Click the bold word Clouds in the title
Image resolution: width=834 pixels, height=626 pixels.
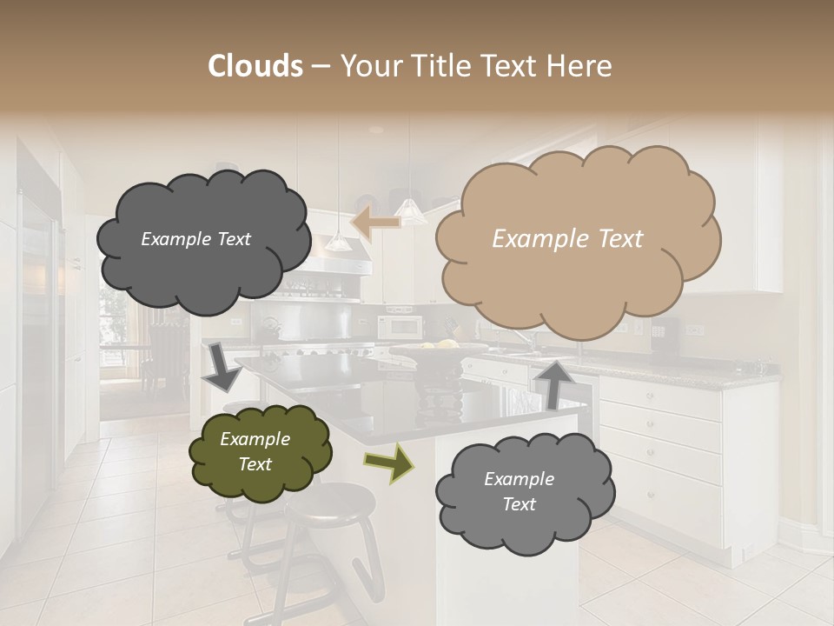255,66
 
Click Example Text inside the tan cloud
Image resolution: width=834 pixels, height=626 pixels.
567,239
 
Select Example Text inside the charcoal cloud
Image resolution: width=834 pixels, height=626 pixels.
195,239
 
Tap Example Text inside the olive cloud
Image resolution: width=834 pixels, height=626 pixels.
255,452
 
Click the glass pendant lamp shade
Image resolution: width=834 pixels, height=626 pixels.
410,211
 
